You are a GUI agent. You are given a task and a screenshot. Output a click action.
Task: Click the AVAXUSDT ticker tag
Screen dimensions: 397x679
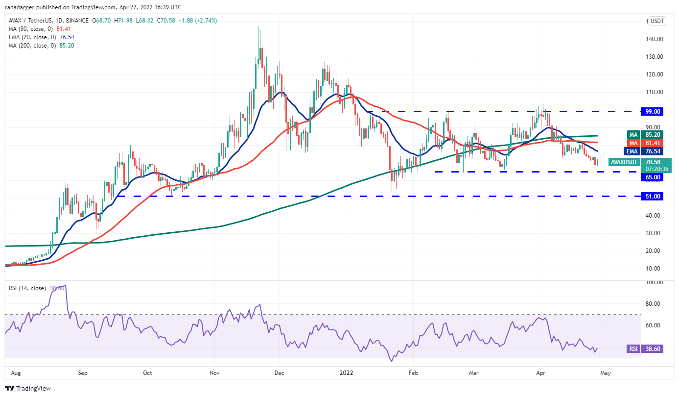pyautogui.click(x=624, y=162)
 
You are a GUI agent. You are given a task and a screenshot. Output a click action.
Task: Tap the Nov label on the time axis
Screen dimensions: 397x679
pyautogui.click(x=214, y=372)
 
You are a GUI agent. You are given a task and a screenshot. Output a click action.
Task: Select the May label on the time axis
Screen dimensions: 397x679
pyautogui.click(x=606, y=372)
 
